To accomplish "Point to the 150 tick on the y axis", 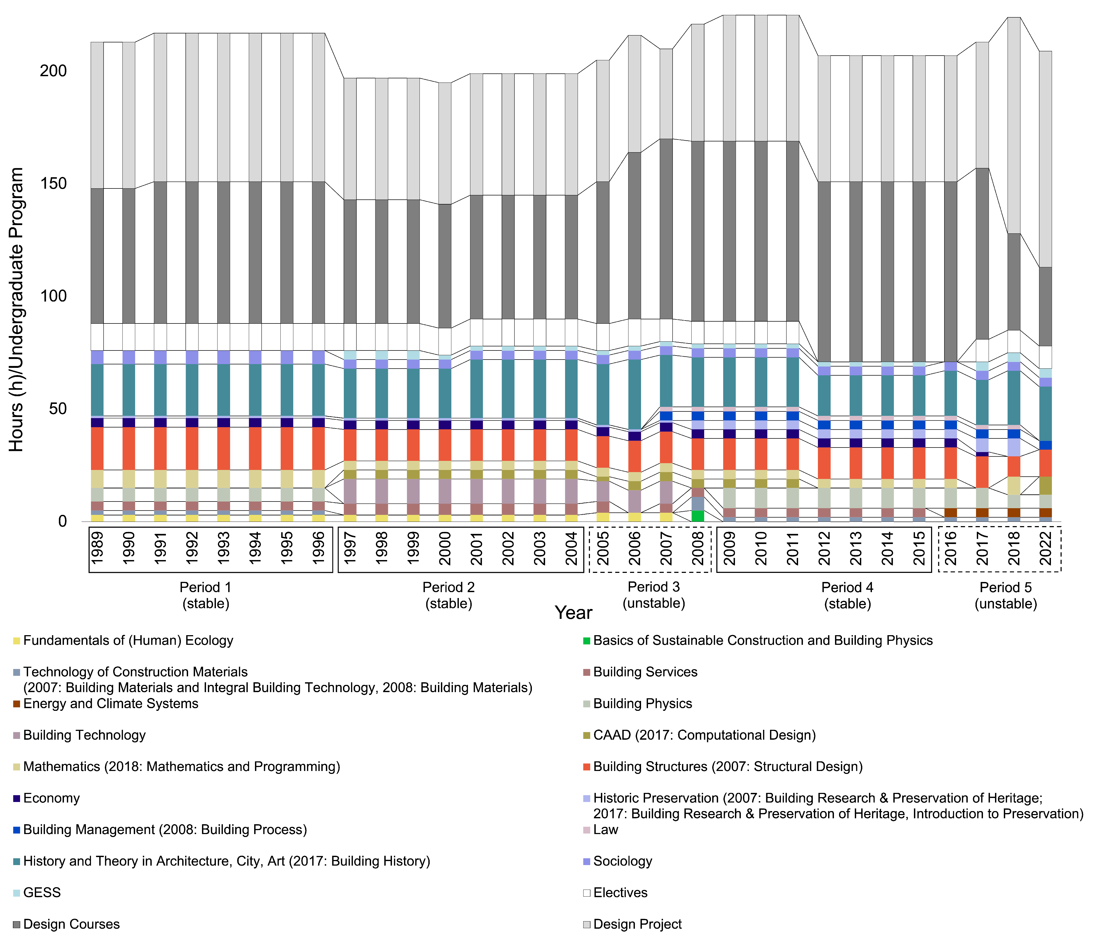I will pyautogui.click(x=53, y=184).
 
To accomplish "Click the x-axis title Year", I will pyautogui.click(x=573, y=613).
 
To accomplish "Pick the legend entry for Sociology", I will pyautogui.click(x=622, y=861).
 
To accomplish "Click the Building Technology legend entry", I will pyautogui.click(x=84, y=735).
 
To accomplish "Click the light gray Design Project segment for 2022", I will pyautogui.click(x=1045, y=158).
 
